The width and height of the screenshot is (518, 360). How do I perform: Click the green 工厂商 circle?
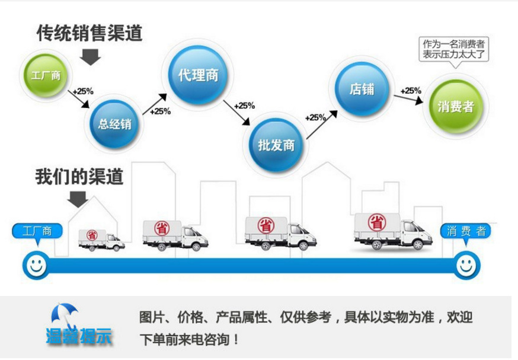(46, 75)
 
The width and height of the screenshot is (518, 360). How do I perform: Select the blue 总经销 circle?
(114, 124)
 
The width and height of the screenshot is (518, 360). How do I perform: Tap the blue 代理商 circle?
(198, 75)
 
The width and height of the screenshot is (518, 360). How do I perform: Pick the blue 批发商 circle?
(276, 145)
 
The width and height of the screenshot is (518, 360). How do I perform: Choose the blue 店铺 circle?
(362, 89)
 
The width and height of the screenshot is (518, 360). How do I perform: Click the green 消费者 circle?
(456, 106)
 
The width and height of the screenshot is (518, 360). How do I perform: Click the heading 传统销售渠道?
(89, 33)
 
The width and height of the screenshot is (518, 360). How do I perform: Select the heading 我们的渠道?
(79, 176)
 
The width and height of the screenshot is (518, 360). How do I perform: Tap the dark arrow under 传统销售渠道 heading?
(90, 57)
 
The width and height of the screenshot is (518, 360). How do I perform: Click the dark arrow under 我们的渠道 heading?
(78, 199)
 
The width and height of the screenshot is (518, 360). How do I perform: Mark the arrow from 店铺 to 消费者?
(408, 99)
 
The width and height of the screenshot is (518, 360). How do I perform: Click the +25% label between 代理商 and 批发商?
(244, 106)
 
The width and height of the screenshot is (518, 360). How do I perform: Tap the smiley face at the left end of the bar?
(36, 265)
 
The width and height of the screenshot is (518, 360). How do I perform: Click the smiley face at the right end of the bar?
(466, 265)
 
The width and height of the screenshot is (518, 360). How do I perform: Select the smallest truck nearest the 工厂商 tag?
(101, 240)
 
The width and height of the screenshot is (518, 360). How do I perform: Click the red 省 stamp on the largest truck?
(377, 222)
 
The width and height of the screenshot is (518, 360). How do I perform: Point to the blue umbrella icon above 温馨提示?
(64, 313)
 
